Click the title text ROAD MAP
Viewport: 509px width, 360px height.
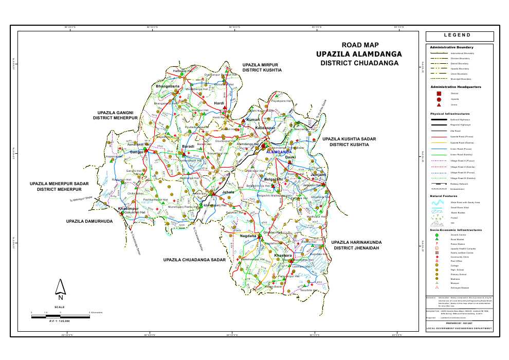(359, 45)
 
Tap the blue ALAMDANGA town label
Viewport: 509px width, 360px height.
(279, 153)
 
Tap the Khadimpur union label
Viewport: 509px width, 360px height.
(129, 209)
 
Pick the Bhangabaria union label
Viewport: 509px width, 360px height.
(168, 86)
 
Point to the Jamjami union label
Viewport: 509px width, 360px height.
(319, 175)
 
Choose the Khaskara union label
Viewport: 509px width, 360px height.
(283, 255)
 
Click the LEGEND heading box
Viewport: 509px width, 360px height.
(460, 36)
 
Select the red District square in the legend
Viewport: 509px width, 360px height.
(439, 94)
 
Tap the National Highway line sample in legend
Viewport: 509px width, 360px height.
(439, 119)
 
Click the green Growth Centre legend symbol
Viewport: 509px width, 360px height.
(437, 235)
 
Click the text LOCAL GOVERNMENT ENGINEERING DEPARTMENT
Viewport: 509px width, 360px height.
(460, 328)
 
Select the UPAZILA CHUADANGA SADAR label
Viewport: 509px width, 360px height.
(195, 260)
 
